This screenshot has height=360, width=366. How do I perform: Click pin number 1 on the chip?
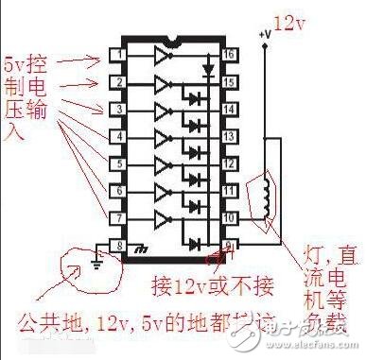tap(118, 55)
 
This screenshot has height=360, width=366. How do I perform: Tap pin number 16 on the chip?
tap(228, 55)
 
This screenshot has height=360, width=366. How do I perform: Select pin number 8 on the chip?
tap(118, 246)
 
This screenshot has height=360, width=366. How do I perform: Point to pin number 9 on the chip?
tap(228, 246)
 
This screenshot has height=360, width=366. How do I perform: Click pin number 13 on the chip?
tap(228, 137)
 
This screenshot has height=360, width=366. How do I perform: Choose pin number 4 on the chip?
tap(118, 137)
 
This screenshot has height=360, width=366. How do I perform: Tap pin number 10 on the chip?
tap(228, 218)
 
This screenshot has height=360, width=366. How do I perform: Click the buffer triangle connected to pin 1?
tap(160, 56)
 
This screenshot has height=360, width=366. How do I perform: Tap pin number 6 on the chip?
tap(118, 191)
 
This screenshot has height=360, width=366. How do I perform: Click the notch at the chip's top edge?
tap(173, 43)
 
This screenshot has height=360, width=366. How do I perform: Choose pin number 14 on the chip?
tap(228, 110)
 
